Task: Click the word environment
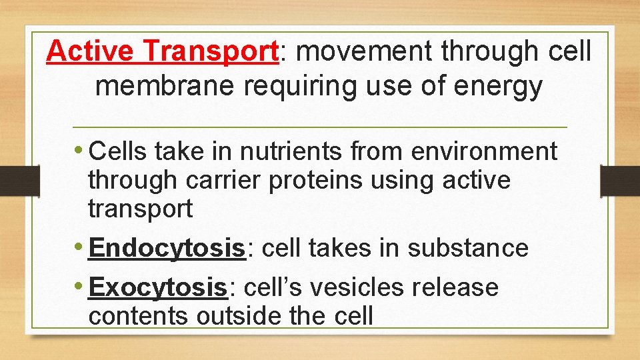click(x=484, y=151)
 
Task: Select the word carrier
click(x=219, y=180)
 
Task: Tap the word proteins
click(x=316, y=180)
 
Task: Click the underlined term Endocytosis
click(x=167, y=249)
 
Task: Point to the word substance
click(x=468, y=248)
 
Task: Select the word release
click(x=456, y=287)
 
